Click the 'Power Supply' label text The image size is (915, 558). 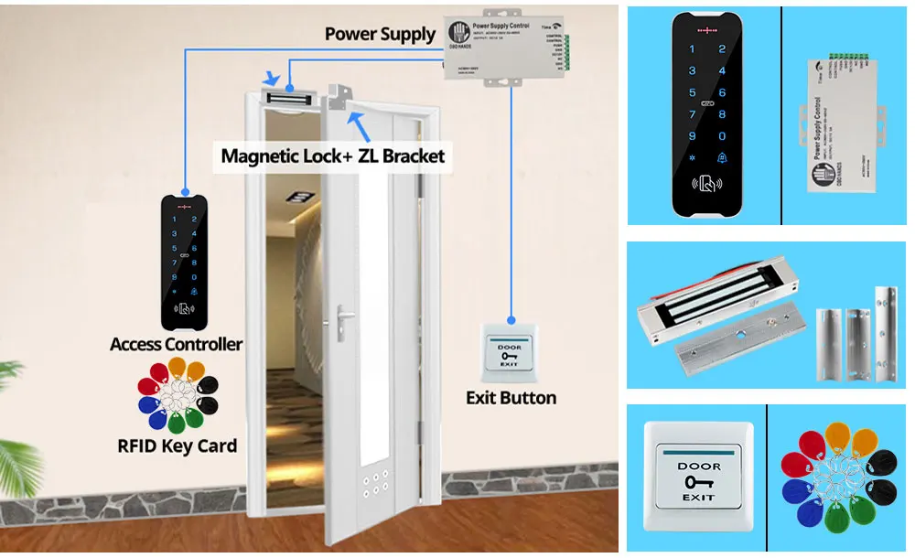click(381, 35)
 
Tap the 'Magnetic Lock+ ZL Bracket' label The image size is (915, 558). click(333, 156)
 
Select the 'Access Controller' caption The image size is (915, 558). click(176, 345)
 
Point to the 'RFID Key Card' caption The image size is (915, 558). click(178, 446)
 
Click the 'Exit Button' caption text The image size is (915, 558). click(511, 398)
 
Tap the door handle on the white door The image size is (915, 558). click(343, 317)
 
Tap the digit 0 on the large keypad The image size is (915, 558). click(722, 135)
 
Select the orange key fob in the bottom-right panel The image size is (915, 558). click(837, 436)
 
